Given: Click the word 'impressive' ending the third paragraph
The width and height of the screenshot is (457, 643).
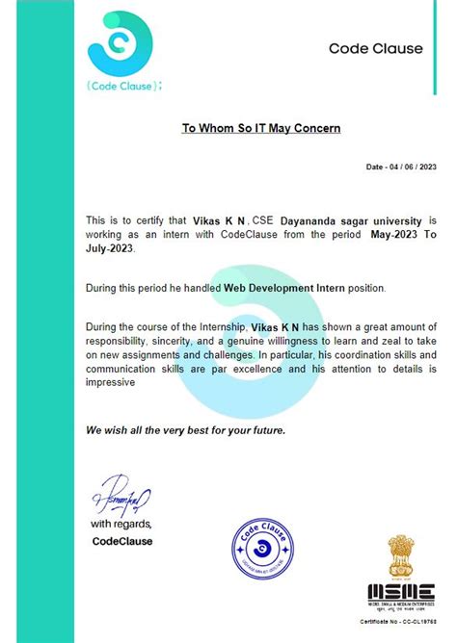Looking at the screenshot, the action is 115,381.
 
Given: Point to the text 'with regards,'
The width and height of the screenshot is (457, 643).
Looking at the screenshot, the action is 122,525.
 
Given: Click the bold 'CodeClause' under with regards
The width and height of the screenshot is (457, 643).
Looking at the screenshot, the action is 122,541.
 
